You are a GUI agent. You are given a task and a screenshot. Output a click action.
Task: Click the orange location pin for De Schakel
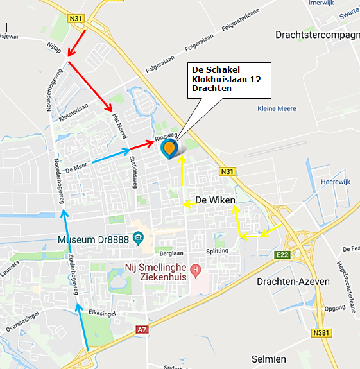click(x=169, y=149)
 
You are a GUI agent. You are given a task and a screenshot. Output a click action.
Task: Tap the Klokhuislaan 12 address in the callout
click(x=227, y=78)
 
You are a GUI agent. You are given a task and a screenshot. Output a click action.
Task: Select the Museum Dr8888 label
click(x=94, y=239)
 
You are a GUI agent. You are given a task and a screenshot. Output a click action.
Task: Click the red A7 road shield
click(x=142, y=329)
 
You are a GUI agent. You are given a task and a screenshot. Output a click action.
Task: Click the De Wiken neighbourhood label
click(x=216, y=200)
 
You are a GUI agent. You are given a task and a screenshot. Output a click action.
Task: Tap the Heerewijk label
click(x=333, y=182)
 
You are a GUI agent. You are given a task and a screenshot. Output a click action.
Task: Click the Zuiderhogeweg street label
click(x=73, y=280)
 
